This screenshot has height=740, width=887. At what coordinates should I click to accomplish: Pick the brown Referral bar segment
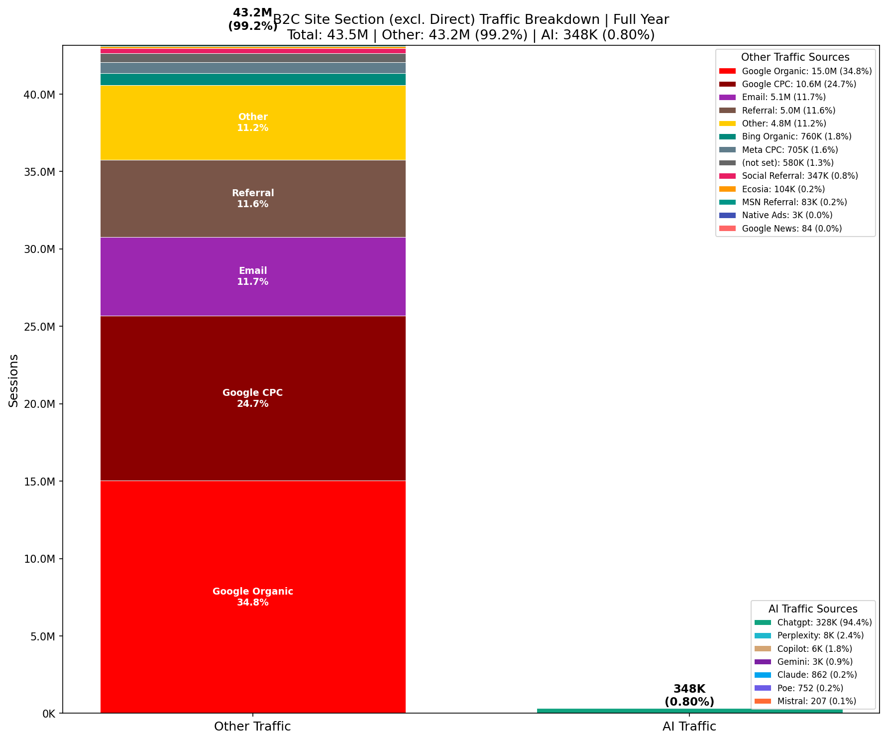click(253, 219)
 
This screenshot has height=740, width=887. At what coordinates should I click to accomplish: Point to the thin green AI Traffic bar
click(689, 711)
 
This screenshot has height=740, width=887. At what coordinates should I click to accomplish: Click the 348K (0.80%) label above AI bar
click(689, 695)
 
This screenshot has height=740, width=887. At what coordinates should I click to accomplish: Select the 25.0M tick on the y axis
click(39, 327)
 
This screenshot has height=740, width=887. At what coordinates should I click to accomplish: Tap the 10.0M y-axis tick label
click(39, 559)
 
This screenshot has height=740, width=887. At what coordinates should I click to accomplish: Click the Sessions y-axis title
click(13, 380)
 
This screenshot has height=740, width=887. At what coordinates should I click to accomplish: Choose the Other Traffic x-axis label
click(252, 727)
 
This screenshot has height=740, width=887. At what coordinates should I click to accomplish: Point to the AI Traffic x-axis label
click(689, 727)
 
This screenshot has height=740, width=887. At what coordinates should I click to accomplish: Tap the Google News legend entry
click(791, 229)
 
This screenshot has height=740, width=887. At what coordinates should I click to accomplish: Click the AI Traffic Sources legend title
click(813, 609)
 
